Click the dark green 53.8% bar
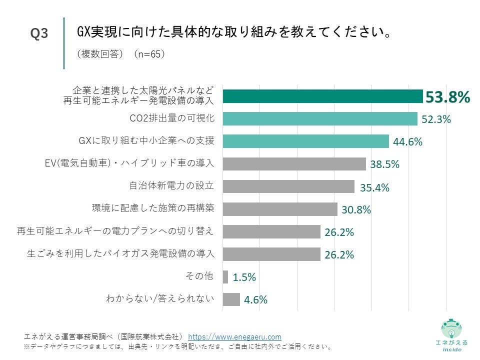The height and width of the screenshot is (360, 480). pos(322,96)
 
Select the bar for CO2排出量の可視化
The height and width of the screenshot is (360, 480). pos(319,119)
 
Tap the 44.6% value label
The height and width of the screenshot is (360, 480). pos(407,142)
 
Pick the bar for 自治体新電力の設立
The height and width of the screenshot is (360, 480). pos(288,186)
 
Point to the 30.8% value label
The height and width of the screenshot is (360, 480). pos(356,210)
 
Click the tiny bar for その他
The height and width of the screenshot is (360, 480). pos(225,277)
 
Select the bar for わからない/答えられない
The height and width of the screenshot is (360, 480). pos(231,299)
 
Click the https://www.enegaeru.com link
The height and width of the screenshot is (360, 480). pos(234,337)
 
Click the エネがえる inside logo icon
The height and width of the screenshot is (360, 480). pos(451,329)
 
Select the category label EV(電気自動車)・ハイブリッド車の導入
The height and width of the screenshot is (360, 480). pos(129,163)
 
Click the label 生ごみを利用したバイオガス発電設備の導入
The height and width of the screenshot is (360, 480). pos(120,253)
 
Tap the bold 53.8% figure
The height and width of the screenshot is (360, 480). pos(447,97)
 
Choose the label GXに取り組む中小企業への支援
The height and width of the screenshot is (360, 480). pos(146,141)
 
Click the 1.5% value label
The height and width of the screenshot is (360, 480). pos(244,277)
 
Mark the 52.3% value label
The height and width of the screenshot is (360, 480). pos(436,119)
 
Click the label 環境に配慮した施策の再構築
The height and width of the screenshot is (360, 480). pos(153,208)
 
